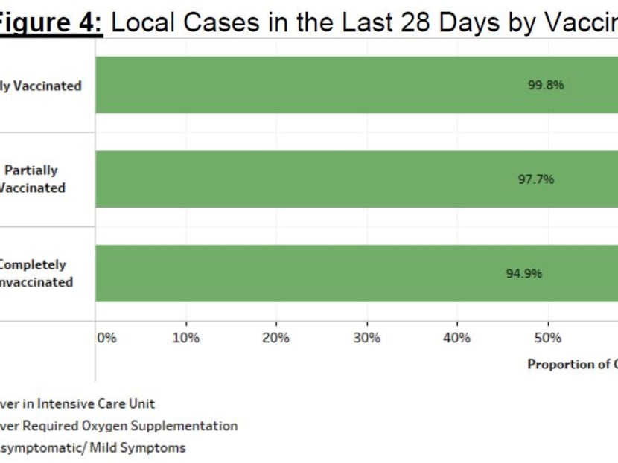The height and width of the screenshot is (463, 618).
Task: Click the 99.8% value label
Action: coord(546,85)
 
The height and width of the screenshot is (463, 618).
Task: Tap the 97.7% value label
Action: coord(536,179)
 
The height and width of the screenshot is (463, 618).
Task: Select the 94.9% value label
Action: coord(524,273)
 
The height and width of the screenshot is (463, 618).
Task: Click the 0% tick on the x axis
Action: coord(107,338)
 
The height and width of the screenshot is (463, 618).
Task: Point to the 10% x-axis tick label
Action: coord(185,338)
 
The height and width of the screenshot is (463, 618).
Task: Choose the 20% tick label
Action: coord(276,338)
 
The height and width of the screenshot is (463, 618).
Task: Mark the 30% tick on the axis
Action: coord(366,338)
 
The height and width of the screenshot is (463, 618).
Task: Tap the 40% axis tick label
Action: coord(456,338)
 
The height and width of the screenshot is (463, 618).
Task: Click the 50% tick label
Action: coord(548,338)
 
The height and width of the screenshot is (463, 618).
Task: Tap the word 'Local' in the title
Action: coord(146,22)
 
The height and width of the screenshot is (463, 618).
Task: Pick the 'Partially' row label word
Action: coord(31,170)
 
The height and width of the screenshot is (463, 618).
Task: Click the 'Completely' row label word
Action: coord(33,265)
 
